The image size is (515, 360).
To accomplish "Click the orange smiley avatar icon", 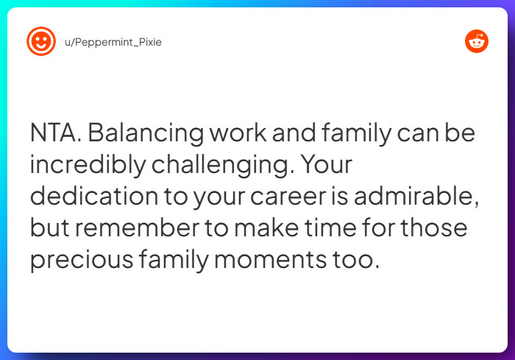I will tap(41, 42).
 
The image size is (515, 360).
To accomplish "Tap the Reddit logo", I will tap(477, 42).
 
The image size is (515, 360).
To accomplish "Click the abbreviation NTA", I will tap(56, 133).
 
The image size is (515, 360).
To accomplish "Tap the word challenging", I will tap(225, 165).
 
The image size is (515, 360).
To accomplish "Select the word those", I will tap(438, 228).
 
